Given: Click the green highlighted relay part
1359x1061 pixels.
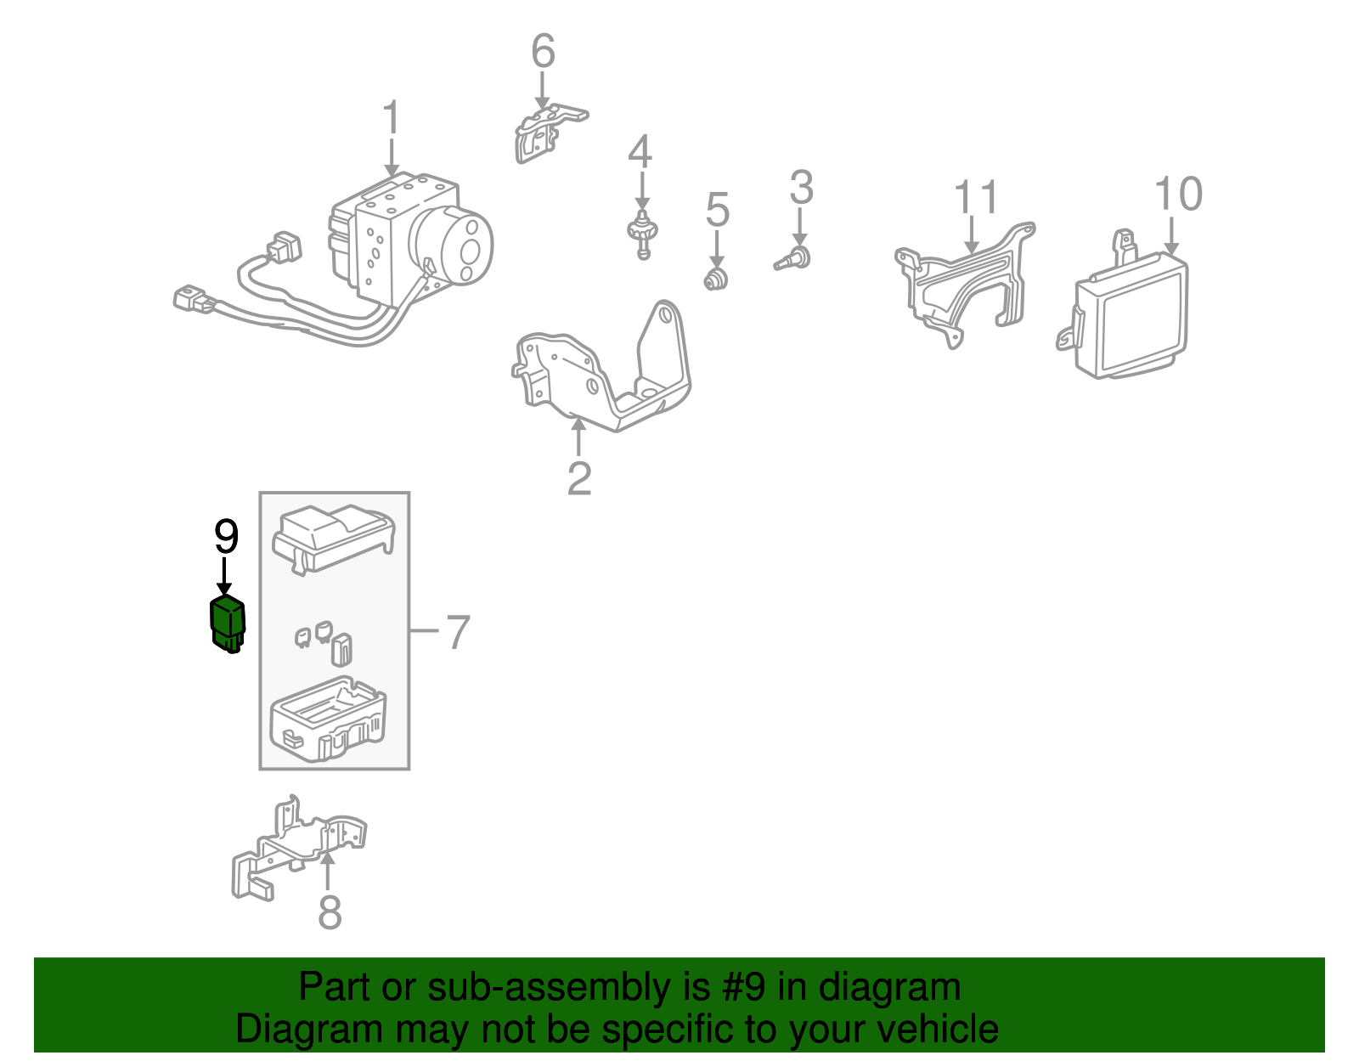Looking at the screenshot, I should tap(227, 624).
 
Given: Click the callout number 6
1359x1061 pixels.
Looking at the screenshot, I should tap(543, 52).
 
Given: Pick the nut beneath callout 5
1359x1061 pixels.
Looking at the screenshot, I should tap(717, 278).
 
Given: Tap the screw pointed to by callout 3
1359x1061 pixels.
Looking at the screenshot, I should tap(795, 257).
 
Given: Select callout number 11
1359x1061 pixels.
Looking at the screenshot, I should tap(976, 198).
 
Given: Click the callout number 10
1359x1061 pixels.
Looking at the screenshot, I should tap(1178, 194).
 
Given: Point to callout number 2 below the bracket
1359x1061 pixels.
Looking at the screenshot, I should tap(579, 479).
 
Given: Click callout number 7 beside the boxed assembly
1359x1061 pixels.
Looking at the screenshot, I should tap(457, 632).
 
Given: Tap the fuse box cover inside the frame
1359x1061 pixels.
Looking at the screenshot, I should tap(332, 537).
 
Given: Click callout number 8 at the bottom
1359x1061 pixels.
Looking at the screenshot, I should tap(330, 912).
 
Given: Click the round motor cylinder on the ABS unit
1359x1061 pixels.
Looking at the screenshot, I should tap(454, 244).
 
